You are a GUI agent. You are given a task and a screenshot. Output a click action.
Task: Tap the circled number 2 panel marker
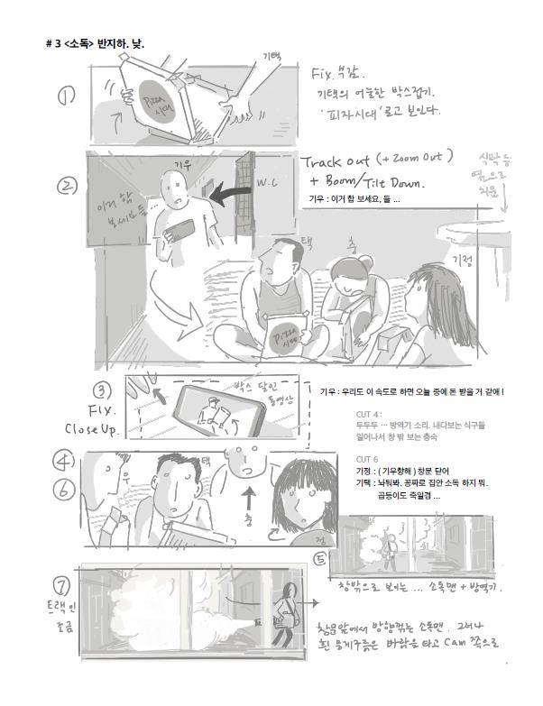coord(66,187)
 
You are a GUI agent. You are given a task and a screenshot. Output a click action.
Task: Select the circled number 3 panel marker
coord(104,391)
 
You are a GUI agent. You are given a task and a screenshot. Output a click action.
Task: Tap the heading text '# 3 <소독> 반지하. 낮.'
coord(95,42)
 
